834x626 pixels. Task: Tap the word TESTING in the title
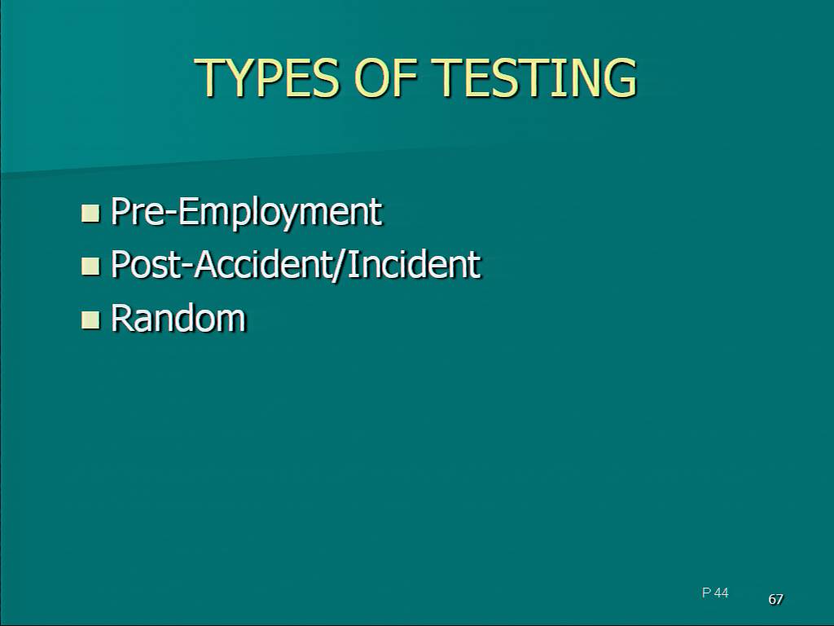click(534, 77)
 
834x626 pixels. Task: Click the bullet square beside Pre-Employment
click(90, 213)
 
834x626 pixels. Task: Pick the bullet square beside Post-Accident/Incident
click(90, 266)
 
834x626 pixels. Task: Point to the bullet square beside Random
click(90, 320)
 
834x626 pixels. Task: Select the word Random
click(178, 318)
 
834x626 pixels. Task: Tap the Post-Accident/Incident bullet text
click(296, 265)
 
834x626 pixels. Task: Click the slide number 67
click(775, 599)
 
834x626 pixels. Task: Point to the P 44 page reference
click(715, 593)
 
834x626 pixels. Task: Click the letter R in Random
click(121, 318)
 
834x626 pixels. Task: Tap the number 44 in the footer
click(722, 593)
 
